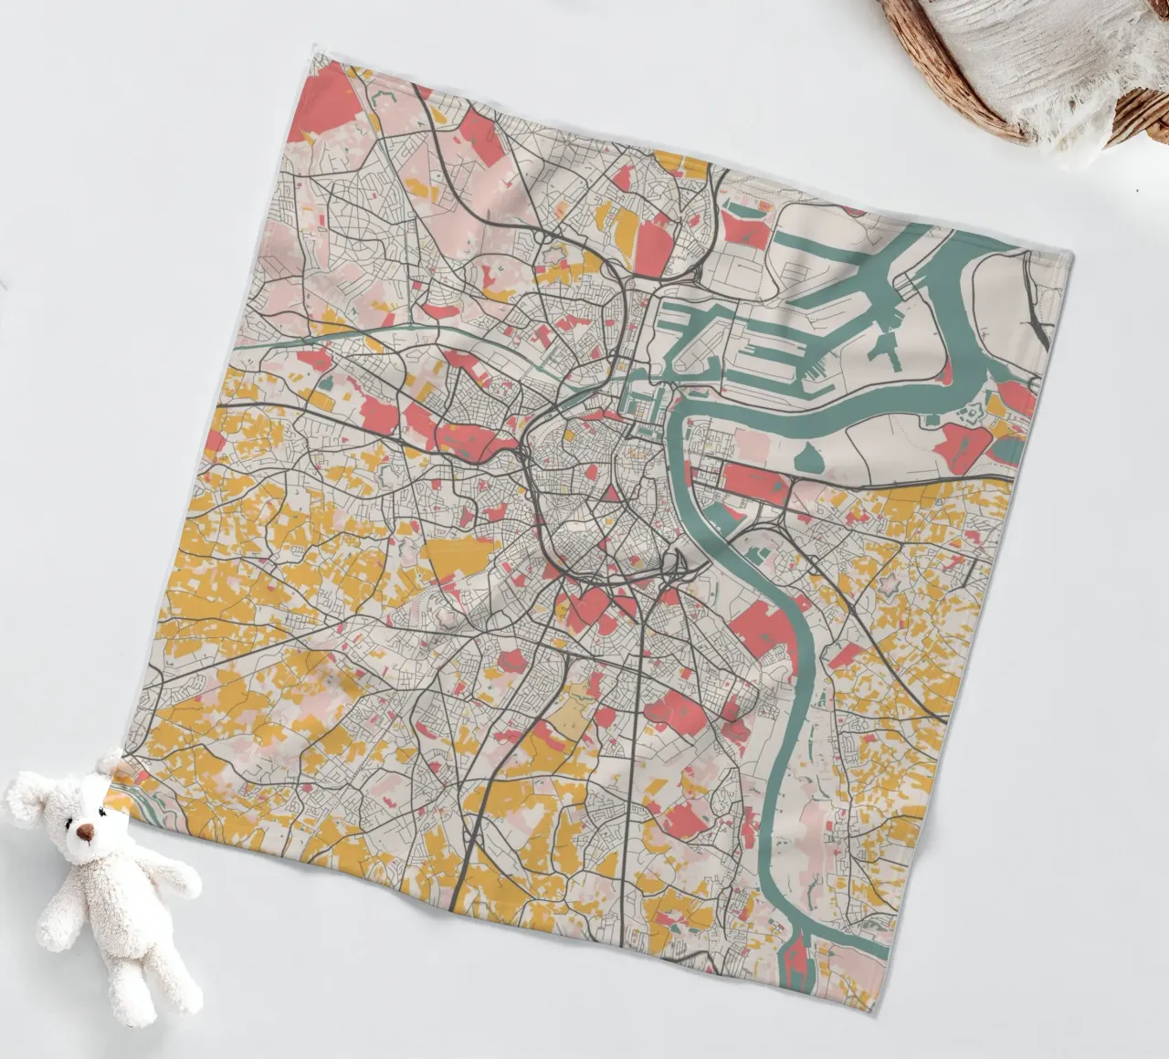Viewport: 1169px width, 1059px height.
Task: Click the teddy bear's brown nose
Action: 85,832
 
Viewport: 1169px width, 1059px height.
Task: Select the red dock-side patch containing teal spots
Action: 745,225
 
